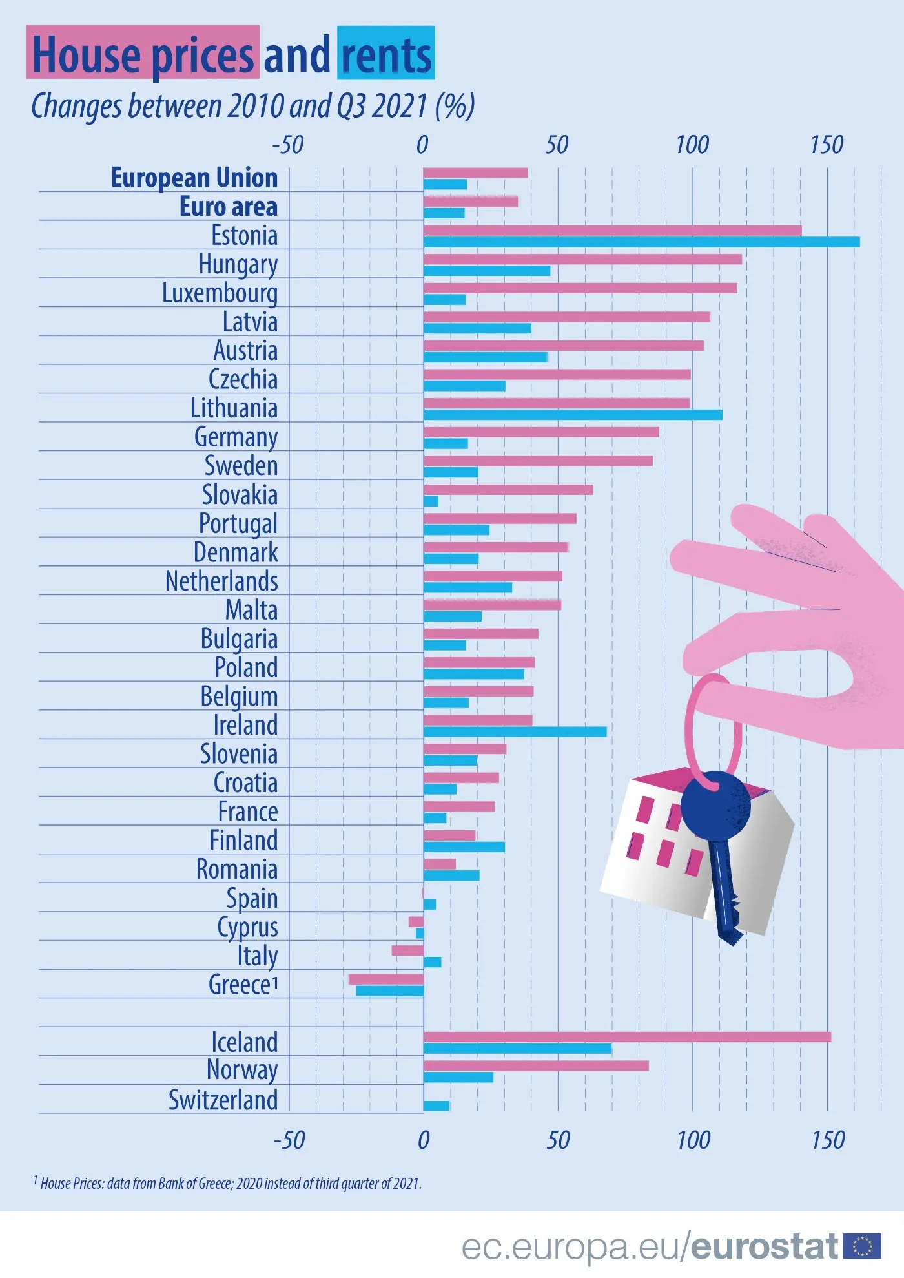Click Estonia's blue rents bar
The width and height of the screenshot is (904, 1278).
coord(641,242)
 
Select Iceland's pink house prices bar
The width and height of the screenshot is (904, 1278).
coord(626,1036)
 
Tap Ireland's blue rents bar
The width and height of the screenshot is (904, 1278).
coord(515,731)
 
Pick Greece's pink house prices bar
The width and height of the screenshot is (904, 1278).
coord(385,979)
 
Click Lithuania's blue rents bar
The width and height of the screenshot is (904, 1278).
coord(573,415)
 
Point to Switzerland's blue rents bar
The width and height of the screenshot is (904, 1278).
coord(437,1105)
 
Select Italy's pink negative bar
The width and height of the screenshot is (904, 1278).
coord(407,950)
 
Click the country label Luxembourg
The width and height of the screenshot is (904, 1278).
coord(220,293)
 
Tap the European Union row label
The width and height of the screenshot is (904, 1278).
coord(194,178)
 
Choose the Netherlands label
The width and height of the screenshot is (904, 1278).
coord(221,581)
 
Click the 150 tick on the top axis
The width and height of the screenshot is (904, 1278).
coord(827,145)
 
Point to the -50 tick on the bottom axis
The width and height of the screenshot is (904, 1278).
coord(289,1140)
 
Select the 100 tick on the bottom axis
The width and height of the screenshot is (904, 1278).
coord(693,1140)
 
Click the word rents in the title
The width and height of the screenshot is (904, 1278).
coord(386,55)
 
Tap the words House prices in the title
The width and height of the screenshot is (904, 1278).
coord(143,55)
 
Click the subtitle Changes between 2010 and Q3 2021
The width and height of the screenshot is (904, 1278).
coord(252,107)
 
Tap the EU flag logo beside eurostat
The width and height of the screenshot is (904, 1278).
coord(862,1246)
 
